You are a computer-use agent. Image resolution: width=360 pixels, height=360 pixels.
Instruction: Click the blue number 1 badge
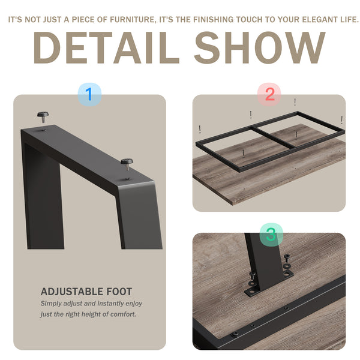pyautogui.click(x=89, y=94)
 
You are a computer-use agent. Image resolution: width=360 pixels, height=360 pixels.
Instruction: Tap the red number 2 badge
pyautogui.click(x=269, y=94)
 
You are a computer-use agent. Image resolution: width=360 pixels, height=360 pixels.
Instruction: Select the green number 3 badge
pyautogui.click(x=271, y=235)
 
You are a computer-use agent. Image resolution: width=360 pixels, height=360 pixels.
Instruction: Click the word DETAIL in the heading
pyautogui.click(x=106, y=48)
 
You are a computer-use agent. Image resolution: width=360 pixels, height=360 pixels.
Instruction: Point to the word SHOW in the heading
pyautogui.click(x=260, y=48)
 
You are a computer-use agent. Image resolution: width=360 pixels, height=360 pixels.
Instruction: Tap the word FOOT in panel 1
pyautogui.click(x=119, y=292)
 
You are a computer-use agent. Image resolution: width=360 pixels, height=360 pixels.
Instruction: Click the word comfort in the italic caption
pyautogui.click(x=123, y=314)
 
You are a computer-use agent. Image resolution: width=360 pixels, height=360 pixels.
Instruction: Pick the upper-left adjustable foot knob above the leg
pyautogui.click(x=43, y=117)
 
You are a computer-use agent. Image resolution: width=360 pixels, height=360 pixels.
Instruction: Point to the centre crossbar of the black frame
pyautogui.click(x=273, y=137)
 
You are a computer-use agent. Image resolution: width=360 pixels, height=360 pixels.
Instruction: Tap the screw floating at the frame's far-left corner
pyautogui.click(x=200, y=129)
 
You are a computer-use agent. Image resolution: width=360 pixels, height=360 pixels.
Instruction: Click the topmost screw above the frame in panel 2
pyautogui.click(x=295, y=101)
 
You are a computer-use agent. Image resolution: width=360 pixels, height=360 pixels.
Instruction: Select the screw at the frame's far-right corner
pyautogui.click(x=341, y=120)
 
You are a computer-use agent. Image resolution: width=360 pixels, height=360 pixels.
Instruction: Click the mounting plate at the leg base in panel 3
pyautogui.click(x=269, y=283)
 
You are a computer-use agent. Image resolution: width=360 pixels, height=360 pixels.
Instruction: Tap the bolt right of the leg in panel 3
pyautogui.click(x=287, y=258)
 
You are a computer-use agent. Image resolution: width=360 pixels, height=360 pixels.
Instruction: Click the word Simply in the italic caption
pyautogui.click(x=51, y=304)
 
